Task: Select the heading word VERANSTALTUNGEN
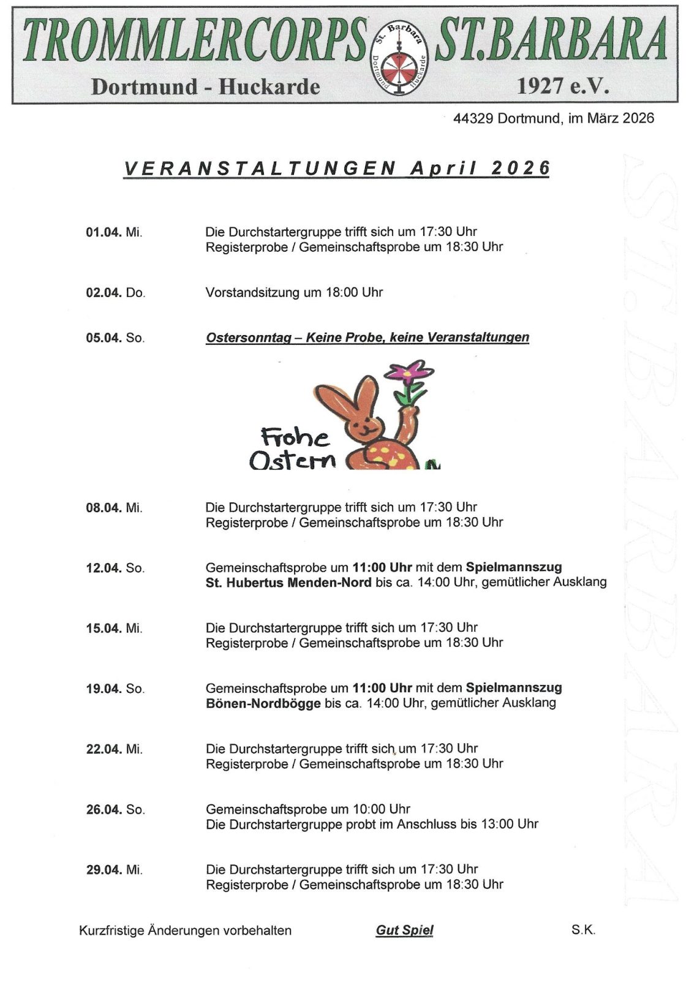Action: click(260, 168)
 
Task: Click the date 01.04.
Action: click(104, 232)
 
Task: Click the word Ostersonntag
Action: click(248, 338)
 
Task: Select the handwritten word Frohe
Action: click(295, 436)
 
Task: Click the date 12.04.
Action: click(104, 568)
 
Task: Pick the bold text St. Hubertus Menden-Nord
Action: click(288, 583)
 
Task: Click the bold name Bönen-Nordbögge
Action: click(263, 703)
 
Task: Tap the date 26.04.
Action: click(104, 810)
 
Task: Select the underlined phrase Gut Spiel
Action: click(404, 930)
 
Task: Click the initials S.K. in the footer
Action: click(583, 929)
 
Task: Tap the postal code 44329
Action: click(473, 119)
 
